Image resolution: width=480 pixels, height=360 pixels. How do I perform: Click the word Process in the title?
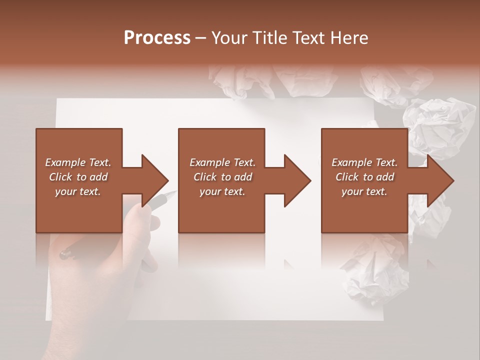pyautogui.click(x=157, y=37)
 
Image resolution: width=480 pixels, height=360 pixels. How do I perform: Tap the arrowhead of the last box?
pyautogui.click(x=439, y=180)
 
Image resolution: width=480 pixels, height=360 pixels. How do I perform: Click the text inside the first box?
pyautogui.click(x=78, y=177)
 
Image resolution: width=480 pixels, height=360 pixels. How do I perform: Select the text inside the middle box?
pyautogui.click(x=222, y=177)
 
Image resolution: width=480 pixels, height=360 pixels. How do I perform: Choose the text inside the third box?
pyautogui.click(x=364, y=177)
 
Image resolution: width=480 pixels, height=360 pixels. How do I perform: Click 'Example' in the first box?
pyautogui.click(x=65, y=162)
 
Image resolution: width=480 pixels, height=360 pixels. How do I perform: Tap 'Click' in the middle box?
pyautogui.click(x=205, y=177)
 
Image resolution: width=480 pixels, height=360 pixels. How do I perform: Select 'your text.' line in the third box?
pyautogui.click(x=364, y=191)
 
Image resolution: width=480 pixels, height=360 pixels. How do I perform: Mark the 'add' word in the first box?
pyautogui.click(x=99, y=177)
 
